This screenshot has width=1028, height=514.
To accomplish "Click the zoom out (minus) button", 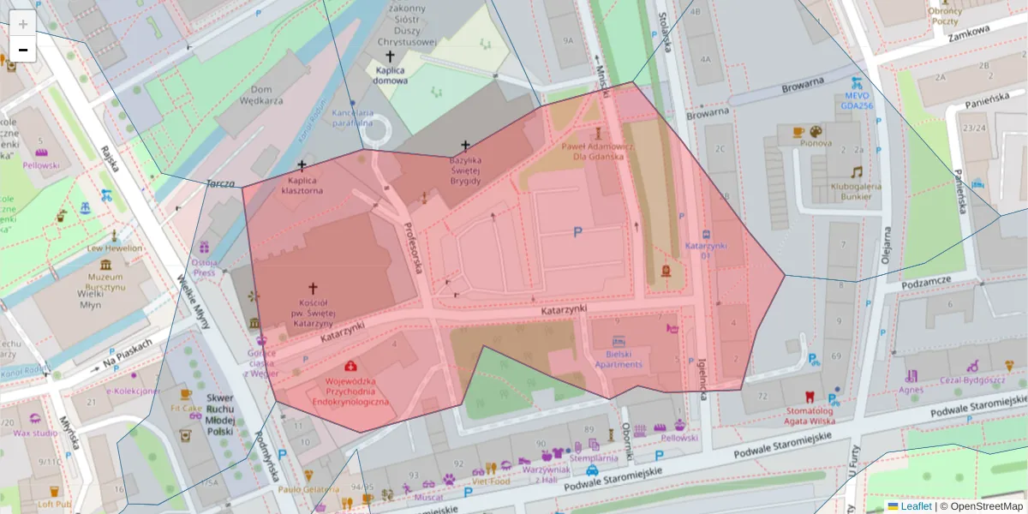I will [23, 50].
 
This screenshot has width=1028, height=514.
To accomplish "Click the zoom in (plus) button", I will [23, 24].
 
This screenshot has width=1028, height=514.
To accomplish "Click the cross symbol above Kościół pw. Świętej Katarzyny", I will [313, 290].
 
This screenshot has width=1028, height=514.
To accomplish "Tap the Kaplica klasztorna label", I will [306, 186].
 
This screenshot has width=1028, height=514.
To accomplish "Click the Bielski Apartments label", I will [619, 359].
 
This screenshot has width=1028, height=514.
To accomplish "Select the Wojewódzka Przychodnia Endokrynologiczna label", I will [350, 391].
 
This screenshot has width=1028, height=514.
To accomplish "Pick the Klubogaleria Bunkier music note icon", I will [856, 172].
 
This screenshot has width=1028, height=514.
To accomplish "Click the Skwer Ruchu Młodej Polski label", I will [220, 415].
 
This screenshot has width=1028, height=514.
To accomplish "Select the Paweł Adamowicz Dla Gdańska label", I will [598, 151].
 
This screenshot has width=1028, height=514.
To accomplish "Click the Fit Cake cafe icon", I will [186, 395].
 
